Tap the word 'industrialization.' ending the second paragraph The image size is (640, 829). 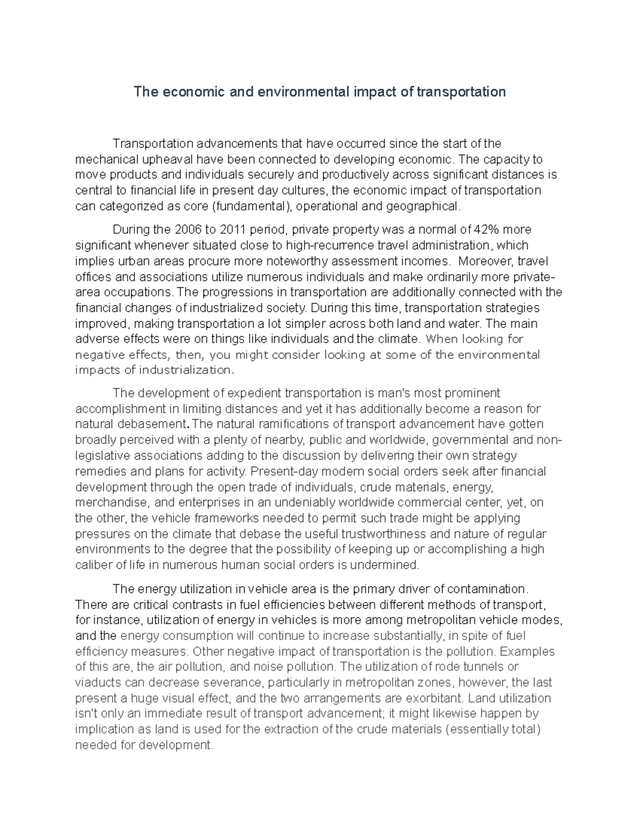[x=186, y=370]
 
